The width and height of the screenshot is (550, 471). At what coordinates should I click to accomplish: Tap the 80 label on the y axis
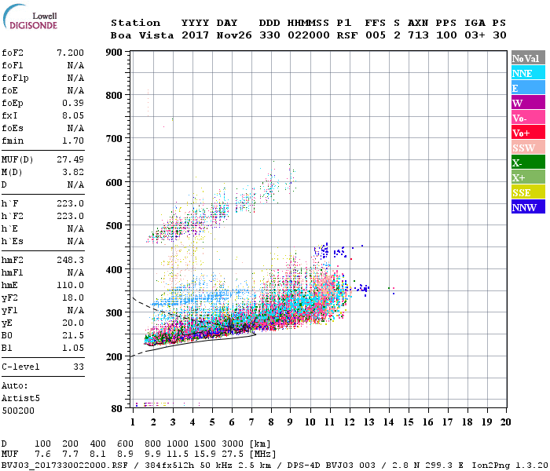tap(115, 408)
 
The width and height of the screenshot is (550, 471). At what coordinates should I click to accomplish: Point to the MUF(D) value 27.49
tap(70, 159)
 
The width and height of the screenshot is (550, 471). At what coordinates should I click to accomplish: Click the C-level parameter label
tap(20, 367)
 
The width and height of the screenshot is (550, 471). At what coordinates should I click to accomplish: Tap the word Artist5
tap(20, 398)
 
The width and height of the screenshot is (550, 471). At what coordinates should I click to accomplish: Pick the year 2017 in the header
tap(194, 35)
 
